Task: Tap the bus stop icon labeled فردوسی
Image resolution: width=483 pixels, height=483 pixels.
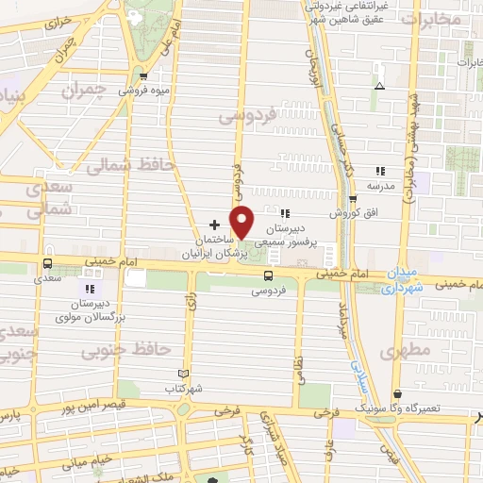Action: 269,275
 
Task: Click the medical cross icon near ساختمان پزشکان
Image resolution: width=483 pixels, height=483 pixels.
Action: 215,225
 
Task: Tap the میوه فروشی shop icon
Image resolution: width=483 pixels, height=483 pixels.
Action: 143,77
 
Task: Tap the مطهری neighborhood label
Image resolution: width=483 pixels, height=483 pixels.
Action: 408,352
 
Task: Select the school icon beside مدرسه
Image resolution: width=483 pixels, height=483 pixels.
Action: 379,171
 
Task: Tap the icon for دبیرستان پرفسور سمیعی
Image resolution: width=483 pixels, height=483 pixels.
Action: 285,213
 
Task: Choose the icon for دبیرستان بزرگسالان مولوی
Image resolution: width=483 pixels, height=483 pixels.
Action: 90,289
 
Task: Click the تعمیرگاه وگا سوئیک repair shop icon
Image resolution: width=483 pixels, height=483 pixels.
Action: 396,392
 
